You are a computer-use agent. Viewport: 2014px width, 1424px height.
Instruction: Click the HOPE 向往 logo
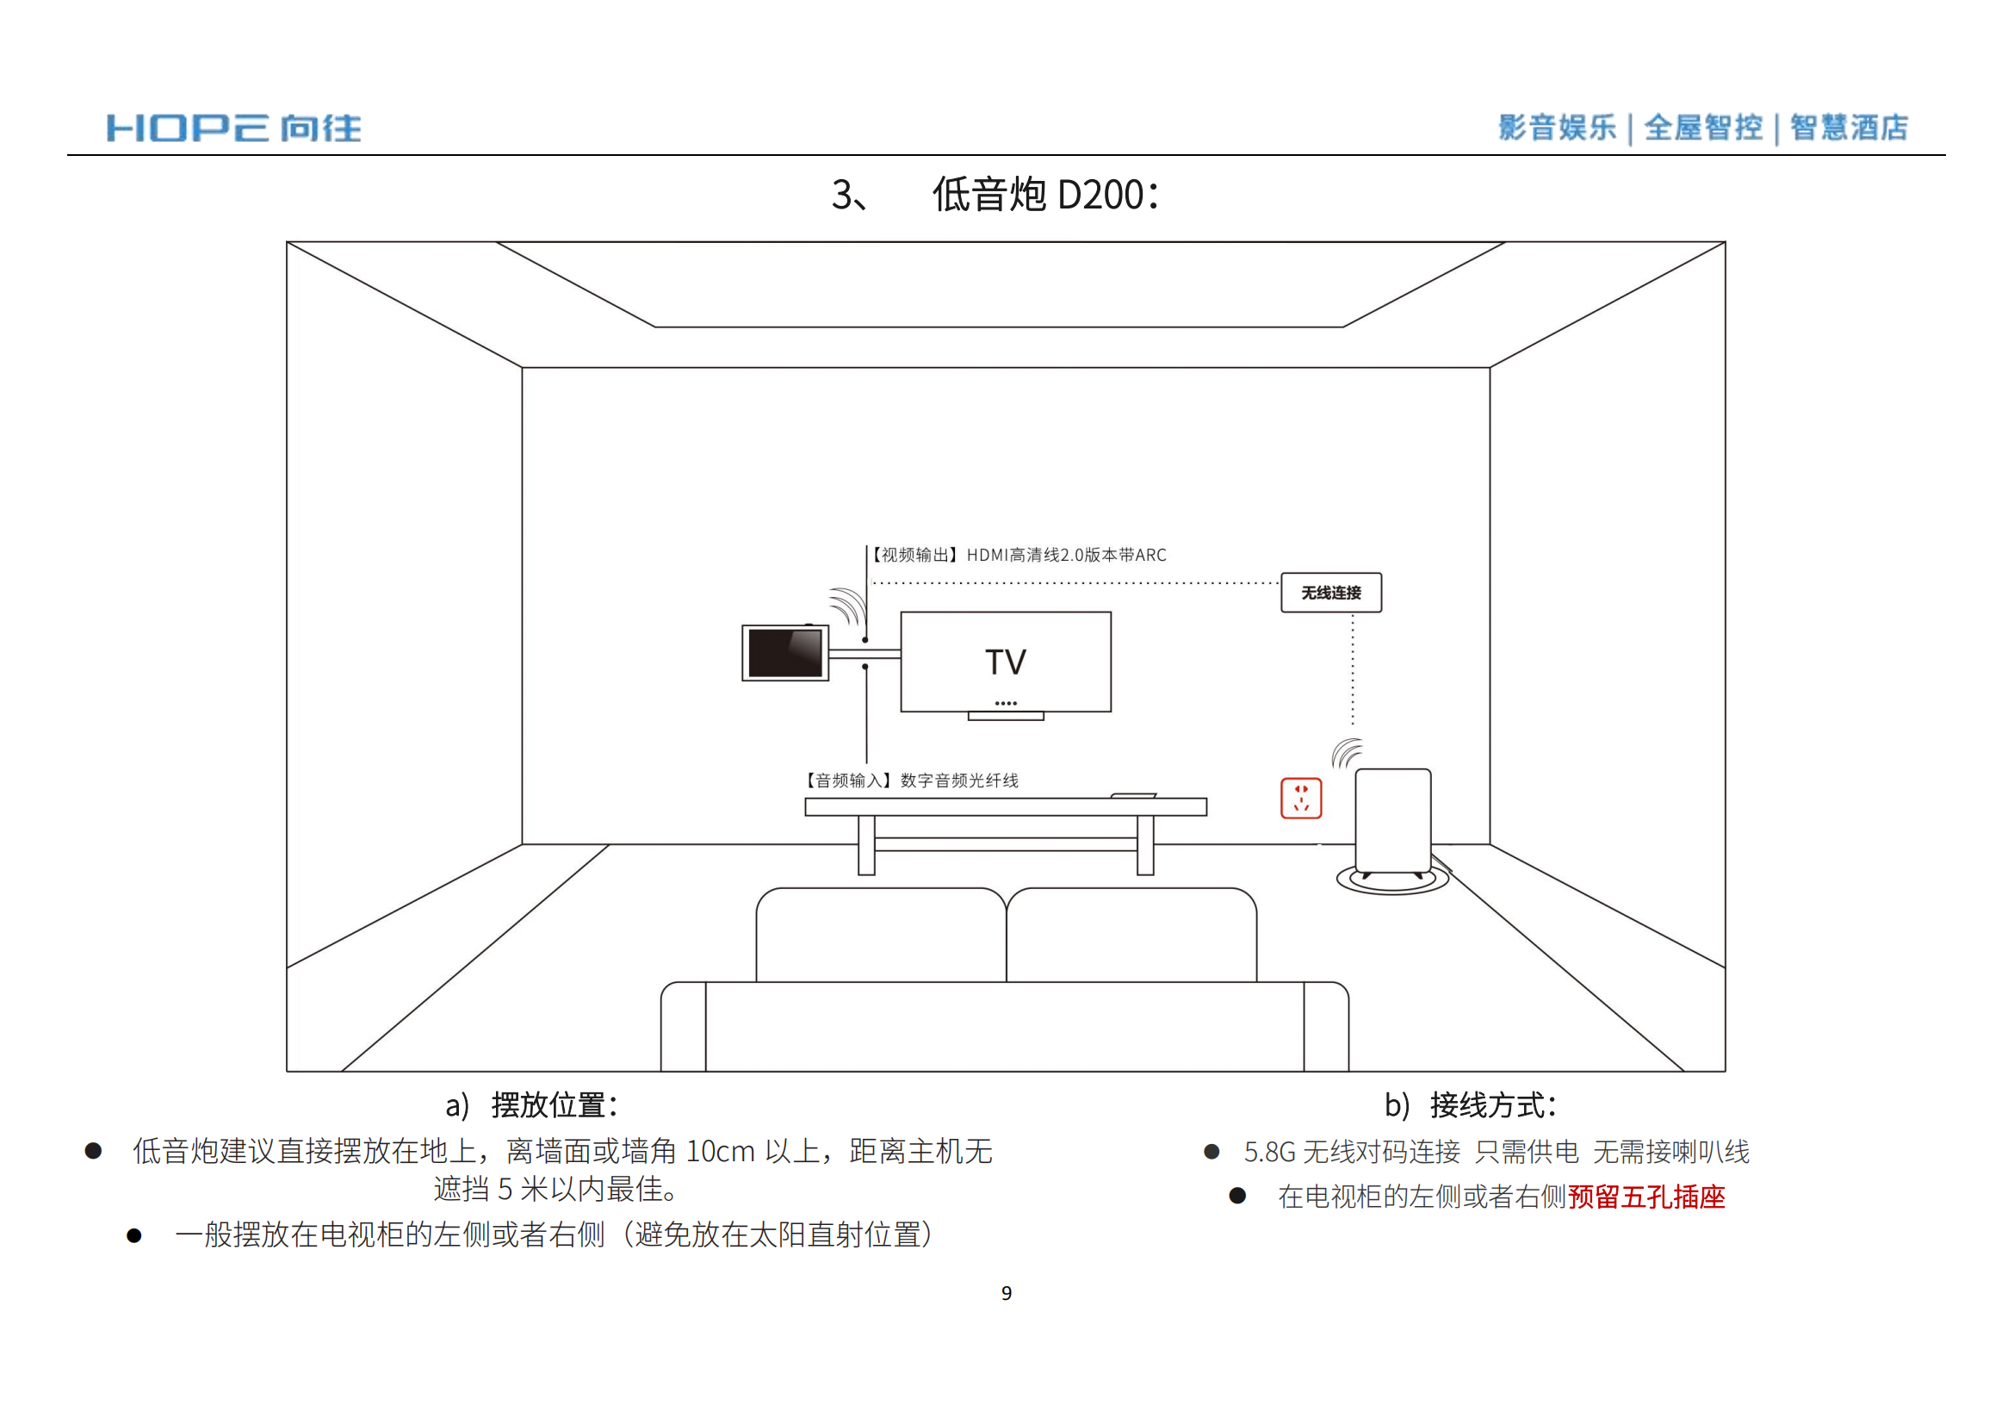click(x=233, y=128)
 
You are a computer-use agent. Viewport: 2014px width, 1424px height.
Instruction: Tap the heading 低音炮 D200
click(x=1044, y=194)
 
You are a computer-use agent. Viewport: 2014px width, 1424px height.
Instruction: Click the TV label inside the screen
click(x=1005, y=662)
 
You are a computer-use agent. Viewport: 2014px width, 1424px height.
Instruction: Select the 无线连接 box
click(x=1330, y=592)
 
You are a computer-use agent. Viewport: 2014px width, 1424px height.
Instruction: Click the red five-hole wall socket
click(x=1301, y=799)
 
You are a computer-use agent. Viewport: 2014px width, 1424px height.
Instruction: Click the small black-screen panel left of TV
click(x=785, y=653)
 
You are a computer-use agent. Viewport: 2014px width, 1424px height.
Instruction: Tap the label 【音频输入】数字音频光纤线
click(x=912, y=780)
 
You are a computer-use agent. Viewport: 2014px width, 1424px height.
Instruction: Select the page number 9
click(x=1006, y=1293)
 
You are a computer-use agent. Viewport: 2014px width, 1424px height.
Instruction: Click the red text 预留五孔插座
click(x=1646, y=1197)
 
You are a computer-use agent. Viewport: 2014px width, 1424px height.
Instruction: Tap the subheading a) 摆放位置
click(x=531, y=1104)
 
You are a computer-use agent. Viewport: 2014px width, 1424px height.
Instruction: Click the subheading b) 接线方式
click(x=1470, y=1104)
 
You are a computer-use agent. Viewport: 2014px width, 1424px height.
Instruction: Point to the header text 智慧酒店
click(x=1849, y=127)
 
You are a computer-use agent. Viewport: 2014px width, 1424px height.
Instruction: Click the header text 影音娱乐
click(x=1557, y=127)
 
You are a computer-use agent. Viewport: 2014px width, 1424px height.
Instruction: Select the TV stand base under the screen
click(x=1006, y=716)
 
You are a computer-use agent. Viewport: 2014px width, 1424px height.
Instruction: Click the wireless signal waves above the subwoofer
click(x=1347, y=753)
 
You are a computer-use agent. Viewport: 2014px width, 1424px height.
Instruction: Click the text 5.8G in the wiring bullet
click(x=1269, y=1151)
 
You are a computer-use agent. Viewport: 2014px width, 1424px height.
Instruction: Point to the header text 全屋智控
click(x=1703, y=127)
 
